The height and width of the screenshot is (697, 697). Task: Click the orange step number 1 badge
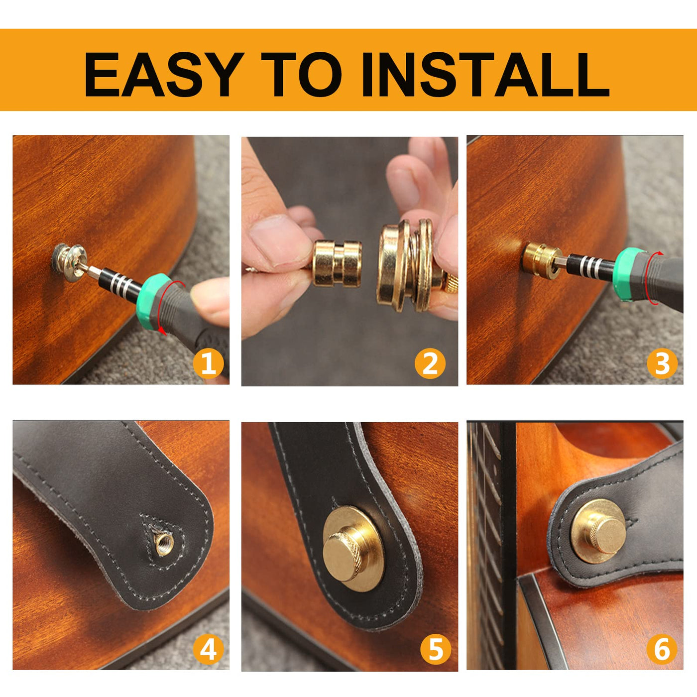[x=209, y=363]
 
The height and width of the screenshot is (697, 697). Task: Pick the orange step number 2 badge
[x=430, y=363]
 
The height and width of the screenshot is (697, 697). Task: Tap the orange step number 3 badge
[x=662, y=363]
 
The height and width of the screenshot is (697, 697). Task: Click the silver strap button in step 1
[x=69, y=258]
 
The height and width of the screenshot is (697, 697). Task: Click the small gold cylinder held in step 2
[x=337, y=263]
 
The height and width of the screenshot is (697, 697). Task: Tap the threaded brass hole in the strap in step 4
[x=164, y=544]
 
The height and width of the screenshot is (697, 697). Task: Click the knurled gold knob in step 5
[x=342, y=556]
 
